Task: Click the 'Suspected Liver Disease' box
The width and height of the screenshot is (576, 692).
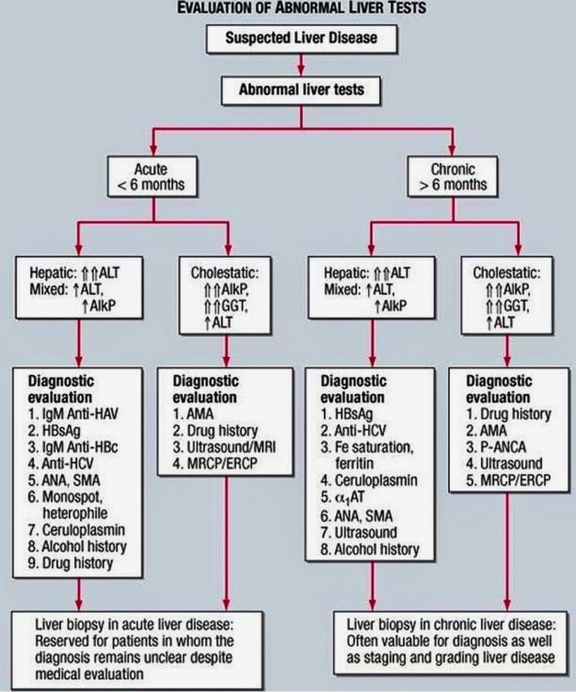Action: (301, 38)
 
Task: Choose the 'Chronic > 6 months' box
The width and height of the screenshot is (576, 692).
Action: (453, 177)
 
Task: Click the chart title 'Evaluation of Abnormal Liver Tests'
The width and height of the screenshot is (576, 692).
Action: (301, 8)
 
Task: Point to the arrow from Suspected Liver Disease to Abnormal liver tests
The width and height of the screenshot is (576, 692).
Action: (301, 65)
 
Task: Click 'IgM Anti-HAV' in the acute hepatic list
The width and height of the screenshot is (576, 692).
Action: (80, 414)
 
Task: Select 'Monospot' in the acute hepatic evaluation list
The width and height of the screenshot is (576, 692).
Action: (71, 497)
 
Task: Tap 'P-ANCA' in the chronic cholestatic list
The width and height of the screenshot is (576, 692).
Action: (503, 447)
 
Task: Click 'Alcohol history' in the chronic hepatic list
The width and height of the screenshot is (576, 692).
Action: (377, 549)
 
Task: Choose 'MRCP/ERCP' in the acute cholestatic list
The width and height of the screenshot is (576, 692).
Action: (222, 463)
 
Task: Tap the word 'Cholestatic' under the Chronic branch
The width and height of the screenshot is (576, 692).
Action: (505, 273)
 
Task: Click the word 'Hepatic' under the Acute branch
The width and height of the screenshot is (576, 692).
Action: (53, 273)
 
